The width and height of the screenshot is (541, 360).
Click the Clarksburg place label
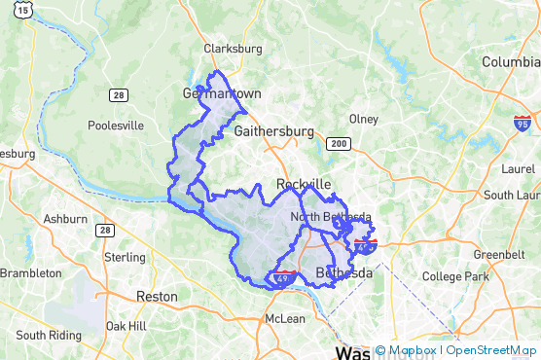coord(233,49)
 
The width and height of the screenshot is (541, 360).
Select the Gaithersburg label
coord(274,130)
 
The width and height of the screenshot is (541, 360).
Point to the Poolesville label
coord(116,126)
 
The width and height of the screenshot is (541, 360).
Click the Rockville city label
coord(304,184)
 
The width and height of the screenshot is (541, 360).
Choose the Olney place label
coord(364,119)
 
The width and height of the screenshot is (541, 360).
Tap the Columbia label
coord(511,62)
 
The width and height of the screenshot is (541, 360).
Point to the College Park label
coord(455,276)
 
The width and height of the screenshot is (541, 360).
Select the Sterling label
coord(125,258)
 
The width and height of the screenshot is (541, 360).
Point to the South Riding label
coord(48,335)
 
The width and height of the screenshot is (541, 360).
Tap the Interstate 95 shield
coord(523,124)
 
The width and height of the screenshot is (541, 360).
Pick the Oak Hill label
coord(126,326)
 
